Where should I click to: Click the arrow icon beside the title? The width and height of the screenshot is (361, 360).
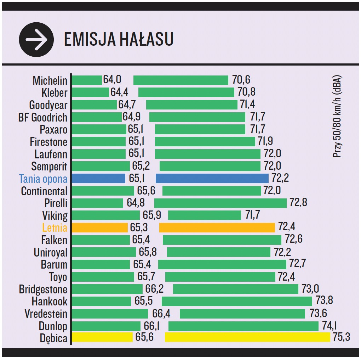tap(36, 39)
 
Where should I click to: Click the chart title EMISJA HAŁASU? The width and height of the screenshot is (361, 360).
tap(119, 39)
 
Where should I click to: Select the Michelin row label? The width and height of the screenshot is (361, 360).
tap(50, 80)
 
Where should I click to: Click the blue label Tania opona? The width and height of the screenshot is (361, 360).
tap(43, 179)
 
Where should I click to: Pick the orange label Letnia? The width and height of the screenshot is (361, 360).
tap(55, 227)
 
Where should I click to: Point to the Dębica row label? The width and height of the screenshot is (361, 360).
tap(53, 338)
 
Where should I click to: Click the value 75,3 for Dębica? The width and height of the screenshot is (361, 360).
tap(341, 337)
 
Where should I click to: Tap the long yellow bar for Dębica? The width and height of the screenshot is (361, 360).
tap(247, 337)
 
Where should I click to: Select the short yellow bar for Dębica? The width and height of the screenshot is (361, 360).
tap(102, 337)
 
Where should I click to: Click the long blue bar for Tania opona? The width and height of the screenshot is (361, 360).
tap(212, 178)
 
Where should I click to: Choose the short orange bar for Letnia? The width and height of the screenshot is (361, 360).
tap(100, 227)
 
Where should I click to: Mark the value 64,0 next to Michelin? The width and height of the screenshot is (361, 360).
tap(112, 80)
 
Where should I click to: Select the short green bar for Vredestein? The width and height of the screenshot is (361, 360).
tap(110, 314)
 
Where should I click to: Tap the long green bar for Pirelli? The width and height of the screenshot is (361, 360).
tap(220, 203)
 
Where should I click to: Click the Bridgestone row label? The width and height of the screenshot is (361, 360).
tap(43, 289)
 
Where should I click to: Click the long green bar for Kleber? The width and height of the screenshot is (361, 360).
tap(186, 92)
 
